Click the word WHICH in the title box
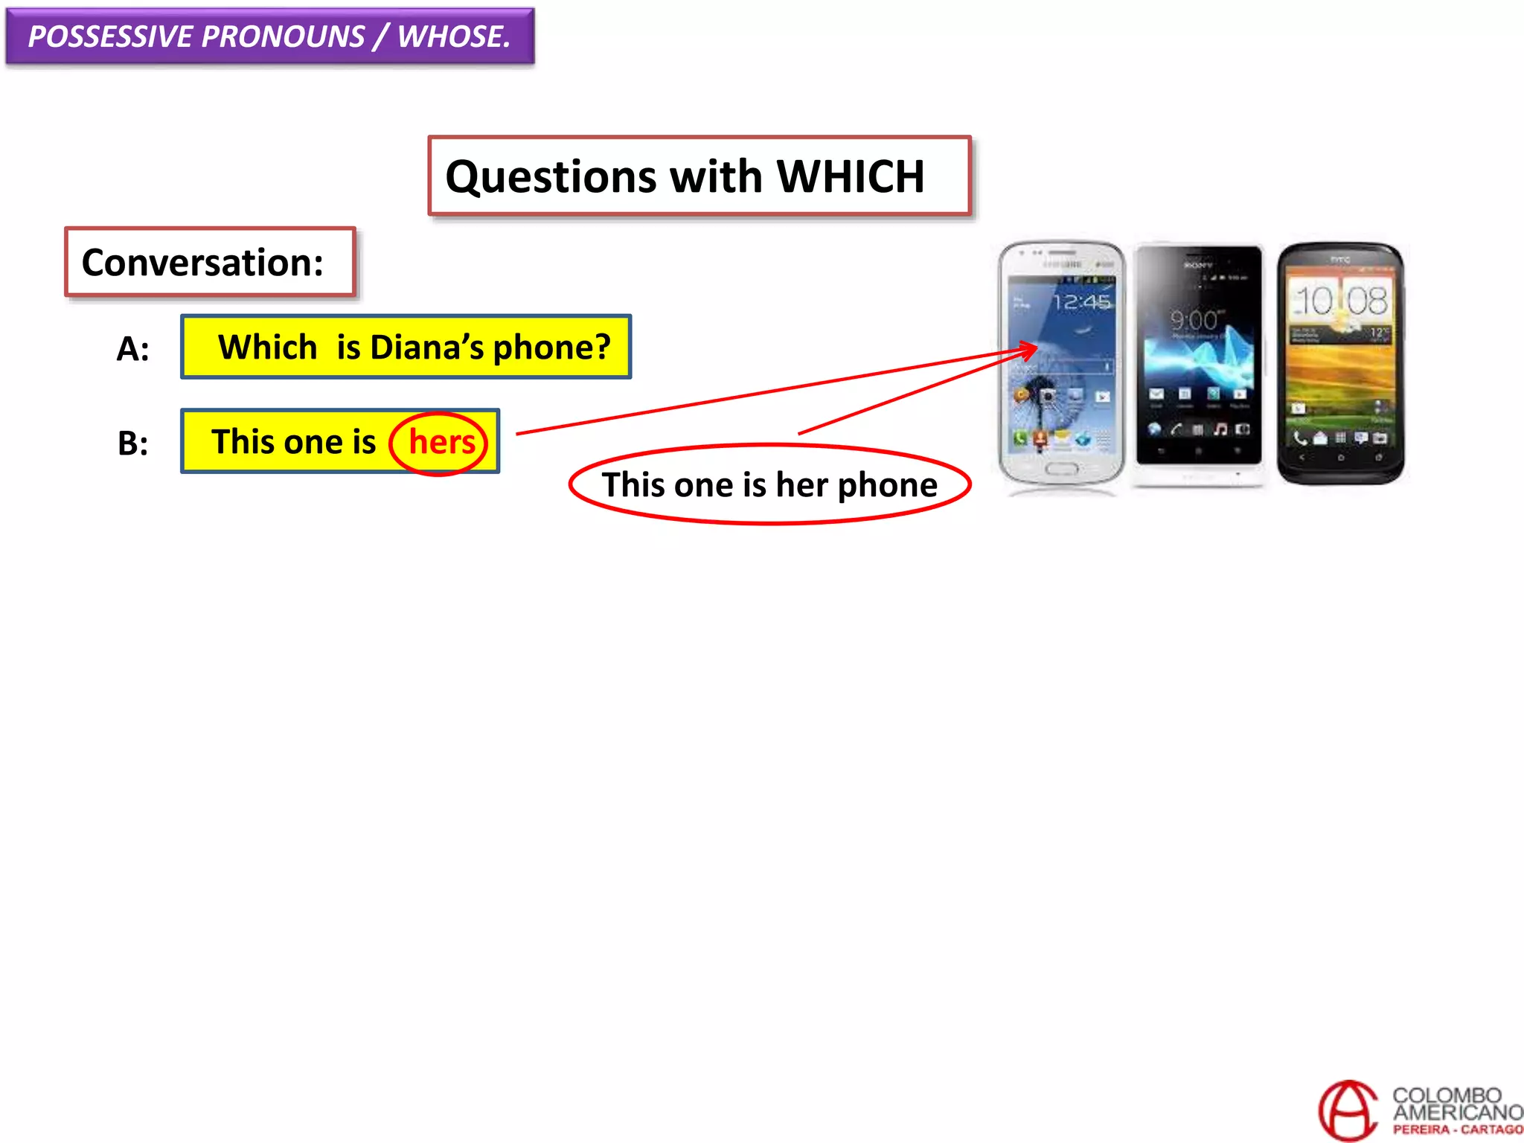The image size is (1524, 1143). click(850, 177)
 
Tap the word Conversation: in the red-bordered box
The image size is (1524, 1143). click(202, 263)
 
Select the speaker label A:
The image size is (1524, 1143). click(132, 348)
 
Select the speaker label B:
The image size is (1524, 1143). click(132, 444)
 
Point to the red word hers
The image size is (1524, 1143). click(441, 443)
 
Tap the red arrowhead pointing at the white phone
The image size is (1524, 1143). click(1031, 348)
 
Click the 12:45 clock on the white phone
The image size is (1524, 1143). click(1081, 302)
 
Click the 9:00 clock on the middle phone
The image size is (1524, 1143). click(1194, 320)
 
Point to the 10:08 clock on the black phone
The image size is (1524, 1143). click(1340, 301)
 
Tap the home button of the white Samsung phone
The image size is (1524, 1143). click(1061, 469)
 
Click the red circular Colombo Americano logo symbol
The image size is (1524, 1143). click(1348, 1110)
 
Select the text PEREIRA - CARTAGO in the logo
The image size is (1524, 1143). click(1457, 1130)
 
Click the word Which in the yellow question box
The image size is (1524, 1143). click(267, 348)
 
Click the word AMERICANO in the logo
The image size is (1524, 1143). click(1457, 1112)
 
